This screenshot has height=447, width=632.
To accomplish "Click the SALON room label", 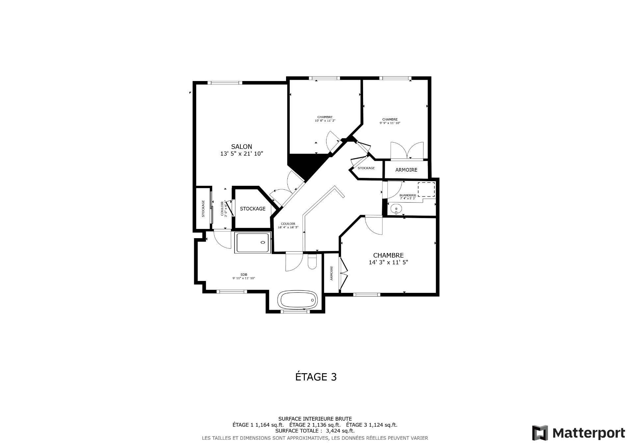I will point(241,147).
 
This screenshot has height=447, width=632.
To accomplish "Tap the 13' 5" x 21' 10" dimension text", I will point(241,154).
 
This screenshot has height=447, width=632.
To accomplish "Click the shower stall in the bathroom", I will point(253,243).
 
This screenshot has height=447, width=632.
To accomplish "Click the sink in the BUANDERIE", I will point(396,209).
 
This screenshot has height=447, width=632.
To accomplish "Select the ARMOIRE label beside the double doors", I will point(406,170).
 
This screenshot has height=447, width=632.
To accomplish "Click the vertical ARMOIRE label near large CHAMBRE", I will point(332,273).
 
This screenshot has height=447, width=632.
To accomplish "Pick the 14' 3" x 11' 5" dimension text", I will point(388,263).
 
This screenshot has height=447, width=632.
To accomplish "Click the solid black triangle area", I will point(306,165).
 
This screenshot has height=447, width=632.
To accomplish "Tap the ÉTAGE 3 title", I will point(316,377).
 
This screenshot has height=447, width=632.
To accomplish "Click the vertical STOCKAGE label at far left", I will point(203,209).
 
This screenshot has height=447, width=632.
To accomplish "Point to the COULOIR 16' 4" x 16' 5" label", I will point(288,225).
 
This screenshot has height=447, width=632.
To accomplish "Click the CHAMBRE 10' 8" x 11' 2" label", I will point(325,119).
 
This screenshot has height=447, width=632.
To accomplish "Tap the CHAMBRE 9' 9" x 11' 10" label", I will point(390,121).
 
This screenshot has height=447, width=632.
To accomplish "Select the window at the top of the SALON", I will point(226,83).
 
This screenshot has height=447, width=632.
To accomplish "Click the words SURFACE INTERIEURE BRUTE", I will point(315,419).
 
